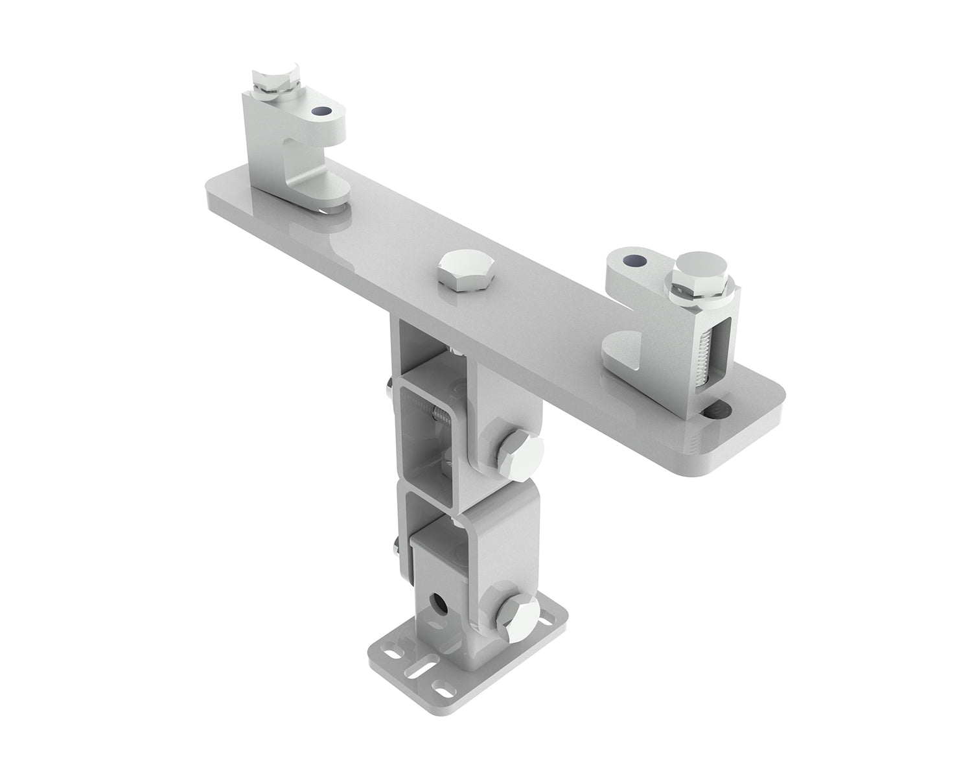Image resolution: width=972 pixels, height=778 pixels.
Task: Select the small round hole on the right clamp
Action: [633, 261]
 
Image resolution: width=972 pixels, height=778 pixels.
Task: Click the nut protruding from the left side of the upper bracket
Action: [387, 390]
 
